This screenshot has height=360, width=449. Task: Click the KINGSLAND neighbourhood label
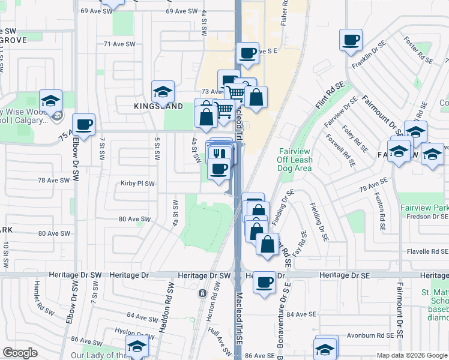click(x=158, y=106)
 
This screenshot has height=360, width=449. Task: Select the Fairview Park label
click(x=424, y=208)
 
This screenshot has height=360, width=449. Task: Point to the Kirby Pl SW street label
click(x=137, y=183)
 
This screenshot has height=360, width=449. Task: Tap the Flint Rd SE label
click(x=330, y=97)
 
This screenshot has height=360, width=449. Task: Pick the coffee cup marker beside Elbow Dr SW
click(x=85, y=124)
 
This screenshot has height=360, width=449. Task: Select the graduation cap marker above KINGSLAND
click(x=163, y=91)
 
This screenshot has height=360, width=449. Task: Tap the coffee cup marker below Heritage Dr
click(x=264, y=282)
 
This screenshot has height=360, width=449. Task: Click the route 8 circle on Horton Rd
click(x=202, y=293)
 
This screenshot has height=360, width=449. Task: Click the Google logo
click(x=20, y=353)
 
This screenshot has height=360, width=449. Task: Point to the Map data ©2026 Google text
click(x=412, y=355)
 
